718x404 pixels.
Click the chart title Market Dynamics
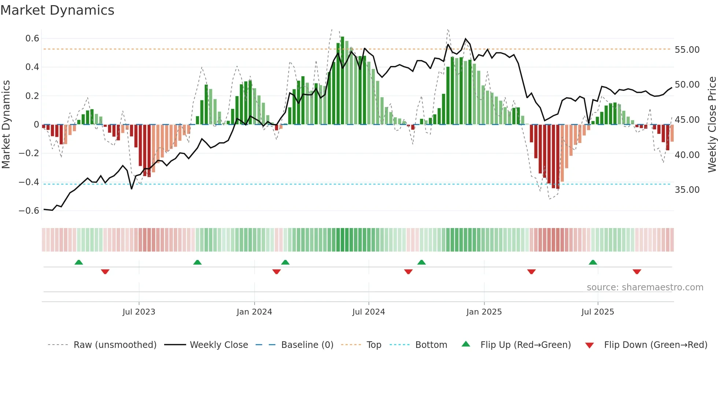(x=58, y=10)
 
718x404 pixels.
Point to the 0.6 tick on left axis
(x=32, y=38)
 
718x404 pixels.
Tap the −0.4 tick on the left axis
(x=29, y=182)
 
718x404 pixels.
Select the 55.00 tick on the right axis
(x=687, y=50)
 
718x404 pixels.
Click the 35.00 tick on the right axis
(x=687, y=190)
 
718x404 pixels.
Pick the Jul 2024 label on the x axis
(x=369, y=312)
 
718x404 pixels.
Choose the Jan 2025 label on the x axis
(x=484, y=312)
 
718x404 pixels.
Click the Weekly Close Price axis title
(x=712, y=124)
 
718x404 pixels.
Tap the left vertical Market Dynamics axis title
(x=6, y=124)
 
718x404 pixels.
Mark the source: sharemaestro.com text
(x=645, y=287)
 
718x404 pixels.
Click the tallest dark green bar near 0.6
(x=343, y=81)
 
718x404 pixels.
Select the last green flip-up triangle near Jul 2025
(x=593, y=262)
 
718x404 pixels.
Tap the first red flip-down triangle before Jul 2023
(x=105, y=272)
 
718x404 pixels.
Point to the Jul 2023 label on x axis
(x=139, y=312)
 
